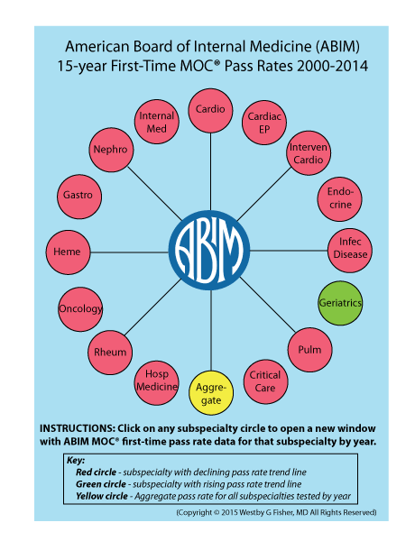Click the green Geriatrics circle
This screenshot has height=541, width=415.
point(340,303)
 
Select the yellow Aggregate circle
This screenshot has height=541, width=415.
point(211,393)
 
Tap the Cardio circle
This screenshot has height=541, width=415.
point(210,110)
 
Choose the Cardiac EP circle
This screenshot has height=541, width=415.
point(264,123)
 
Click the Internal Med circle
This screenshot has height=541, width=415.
point(157,122)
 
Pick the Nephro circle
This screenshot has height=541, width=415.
point(111,150)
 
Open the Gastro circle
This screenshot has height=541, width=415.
point(79,197)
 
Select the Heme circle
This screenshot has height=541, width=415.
point(69,252)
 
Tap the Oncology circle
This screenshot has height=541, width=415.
point(80,309)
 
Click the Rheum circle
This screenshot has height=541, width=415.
point(110,353)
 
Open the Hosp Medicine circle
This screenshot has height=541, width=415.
point(157,382)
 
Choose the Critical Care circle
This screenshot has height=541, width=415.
point(265,381)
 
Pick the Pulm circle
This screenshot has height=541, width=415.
point(310,350)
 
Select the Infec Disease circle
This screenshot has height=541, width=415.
point(350,250)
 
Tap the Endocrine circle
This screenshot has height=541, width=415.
point(340,198)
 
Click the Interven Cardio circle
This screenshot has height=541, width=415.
point(309,153)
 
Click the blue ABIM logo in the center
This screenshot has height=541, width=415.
point(209,250)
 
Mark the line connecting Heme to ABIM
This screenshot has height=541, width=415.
point(130,252)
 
